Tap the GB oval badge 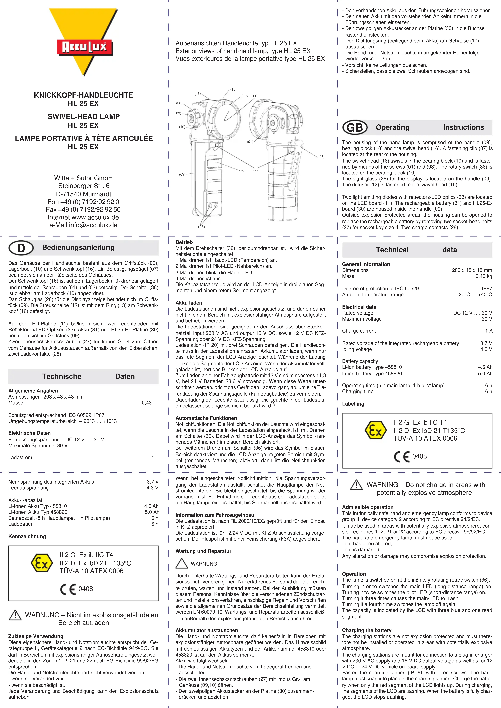(355, 127)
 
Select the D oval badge (21, 248)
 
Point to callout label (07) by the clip (321, 157)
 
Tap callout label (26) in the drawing (242, 170)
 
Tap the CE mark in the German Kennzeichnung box (68, 589)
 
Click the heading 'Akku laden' (189, 303)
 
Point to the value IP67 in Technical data (487, 289)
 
